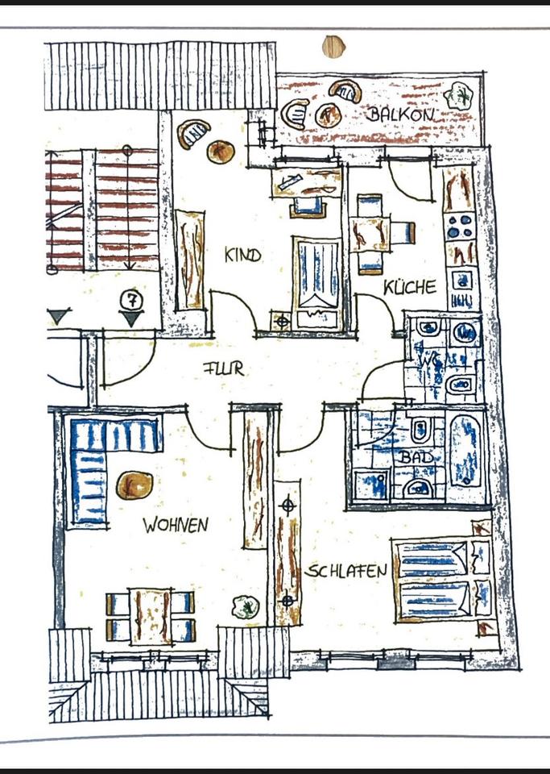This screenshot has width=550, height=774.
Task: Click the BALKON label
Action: (x=401, y=114)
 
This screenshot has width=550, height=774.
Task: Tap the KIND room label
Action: (x=242, y=256)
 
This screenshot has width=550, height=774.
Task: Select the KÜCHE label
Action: (x=410, y=286)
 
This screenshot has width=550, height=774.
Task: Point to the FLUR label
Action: (x=222, y=370)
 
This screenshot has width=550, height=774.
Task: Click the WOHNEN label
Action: (x=176, y=526)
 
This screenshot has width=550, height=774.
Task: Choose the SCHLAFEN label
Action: (x=345, y=571)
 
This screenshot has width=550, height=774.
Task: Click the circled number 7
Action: (x=131, y=298)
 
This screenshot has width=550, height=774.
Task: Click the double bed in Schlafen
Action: (x=434, y=580)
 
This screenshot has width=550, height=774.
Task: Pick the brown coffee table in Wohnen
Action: (x=134, y=486)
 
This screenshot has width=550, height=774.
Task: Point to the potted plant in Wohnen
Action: (x=244, y=607)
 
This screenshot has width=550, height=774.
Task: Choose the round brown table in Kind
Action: (x=221, y=151)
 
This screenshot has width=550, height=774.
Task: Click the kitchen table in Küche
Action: (x=368, y=234)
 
